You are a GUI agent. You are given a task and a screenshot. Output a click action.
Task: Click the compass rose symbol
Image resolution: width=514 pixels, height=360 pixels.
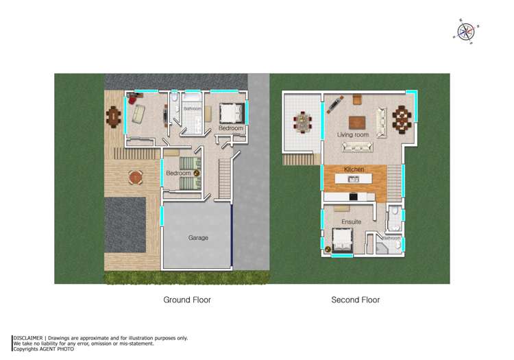point(466,32)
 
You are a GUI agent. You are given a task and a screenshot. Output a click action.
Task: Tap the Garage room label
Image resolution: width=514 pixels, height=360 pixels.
point(198,238)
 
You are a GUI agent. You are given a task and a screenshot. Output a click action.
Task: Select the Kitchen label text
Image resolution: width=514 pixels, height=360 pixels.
point(354,169)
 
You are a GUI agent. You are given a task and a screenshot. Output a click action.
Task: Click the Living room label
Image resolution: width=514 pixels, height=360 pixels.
point(353,134)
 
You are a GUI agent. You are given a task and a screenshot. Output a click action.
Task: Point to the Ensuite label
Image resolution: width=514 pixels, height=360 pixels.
point(351,221)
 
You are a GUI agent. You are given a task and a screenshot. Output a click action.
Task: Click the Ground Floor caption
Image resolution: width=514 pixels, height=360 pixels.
point(187,300)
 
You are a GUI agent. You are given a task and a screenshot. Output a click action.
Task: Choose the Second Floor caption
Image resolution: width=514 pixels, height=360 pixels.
point(355,300)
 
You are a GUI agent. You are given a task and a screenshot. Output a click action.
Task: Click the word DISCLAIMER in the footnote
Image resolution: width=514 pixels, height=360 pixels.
point(28,338)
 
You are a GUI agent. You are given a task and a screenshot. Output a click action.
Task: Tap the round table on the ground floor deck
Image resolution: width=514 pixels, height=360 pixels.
point(136,177)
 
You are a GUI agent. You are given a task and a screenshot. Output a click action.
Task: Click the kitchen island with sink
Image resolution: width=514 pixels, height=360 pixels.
point(354,179)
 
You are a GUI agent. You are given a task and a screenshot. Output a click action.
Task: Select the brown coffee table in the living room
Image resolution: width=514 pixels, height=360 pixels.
point(357,123)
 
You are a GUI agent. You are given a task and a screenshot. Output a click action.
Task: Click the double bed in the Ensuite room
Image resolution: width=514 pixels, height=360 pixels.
point(343,240)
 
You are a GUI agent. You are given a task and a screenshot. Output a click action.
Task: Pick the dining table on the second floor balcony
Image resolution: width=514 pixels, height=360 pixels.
point(302,122)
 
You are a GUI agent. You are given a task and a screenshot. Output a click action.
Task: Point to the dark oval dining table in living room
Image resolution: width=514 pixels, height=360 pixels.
point(402,119)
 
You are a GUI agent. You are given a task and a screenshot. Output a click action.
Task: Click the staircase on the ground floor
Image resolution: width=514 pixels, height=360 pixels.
point(225,178)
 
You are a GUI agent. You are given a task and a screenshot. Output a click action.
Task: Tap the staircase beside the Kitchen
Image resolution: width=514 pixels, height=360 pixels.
point(394,183)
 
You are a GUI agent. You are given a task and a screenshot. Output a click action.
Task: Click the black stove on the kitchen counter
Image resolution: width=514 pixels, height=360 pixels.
point(353,197)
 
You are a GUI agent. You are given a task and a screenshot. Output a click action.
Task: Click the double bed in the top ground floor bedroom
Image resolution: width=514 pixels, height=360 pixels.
point(232,113)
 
